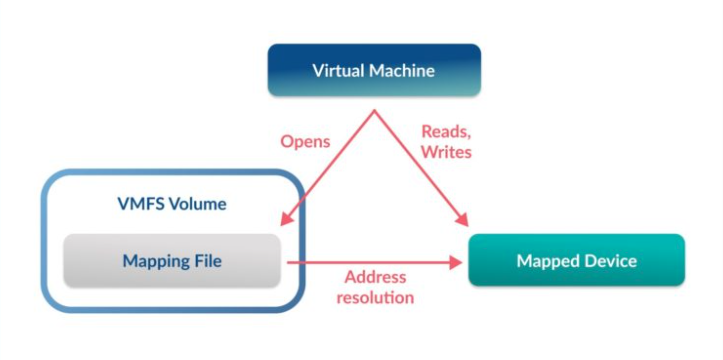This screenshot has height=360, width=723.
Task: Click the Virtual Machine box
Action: click(x=374, y=70)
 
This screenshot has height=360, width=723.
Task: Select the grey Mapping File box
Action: click(x=171, y=261)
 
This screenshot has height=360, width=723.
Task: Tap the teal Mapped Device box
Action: click(x=576, y=261)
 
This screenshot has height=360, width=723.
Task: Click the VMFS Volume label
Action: click(x=171, y=204)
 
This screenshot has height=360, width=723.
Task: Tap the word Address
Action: click(x=374, y=277)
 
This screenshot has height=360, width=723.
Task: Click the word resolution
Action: click(x=375, y=297)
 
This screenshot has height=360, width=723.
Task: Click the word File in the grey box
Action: click(x=205, y=261)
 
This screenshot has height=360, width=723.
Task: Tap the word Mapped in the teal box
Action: click(x=546, y=261)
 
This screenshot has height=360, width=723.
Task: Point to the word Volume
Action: click(x=199, y=204)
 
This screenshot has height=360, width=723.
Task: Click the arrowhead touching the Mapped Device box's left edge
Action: click(x=461, y=262)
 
